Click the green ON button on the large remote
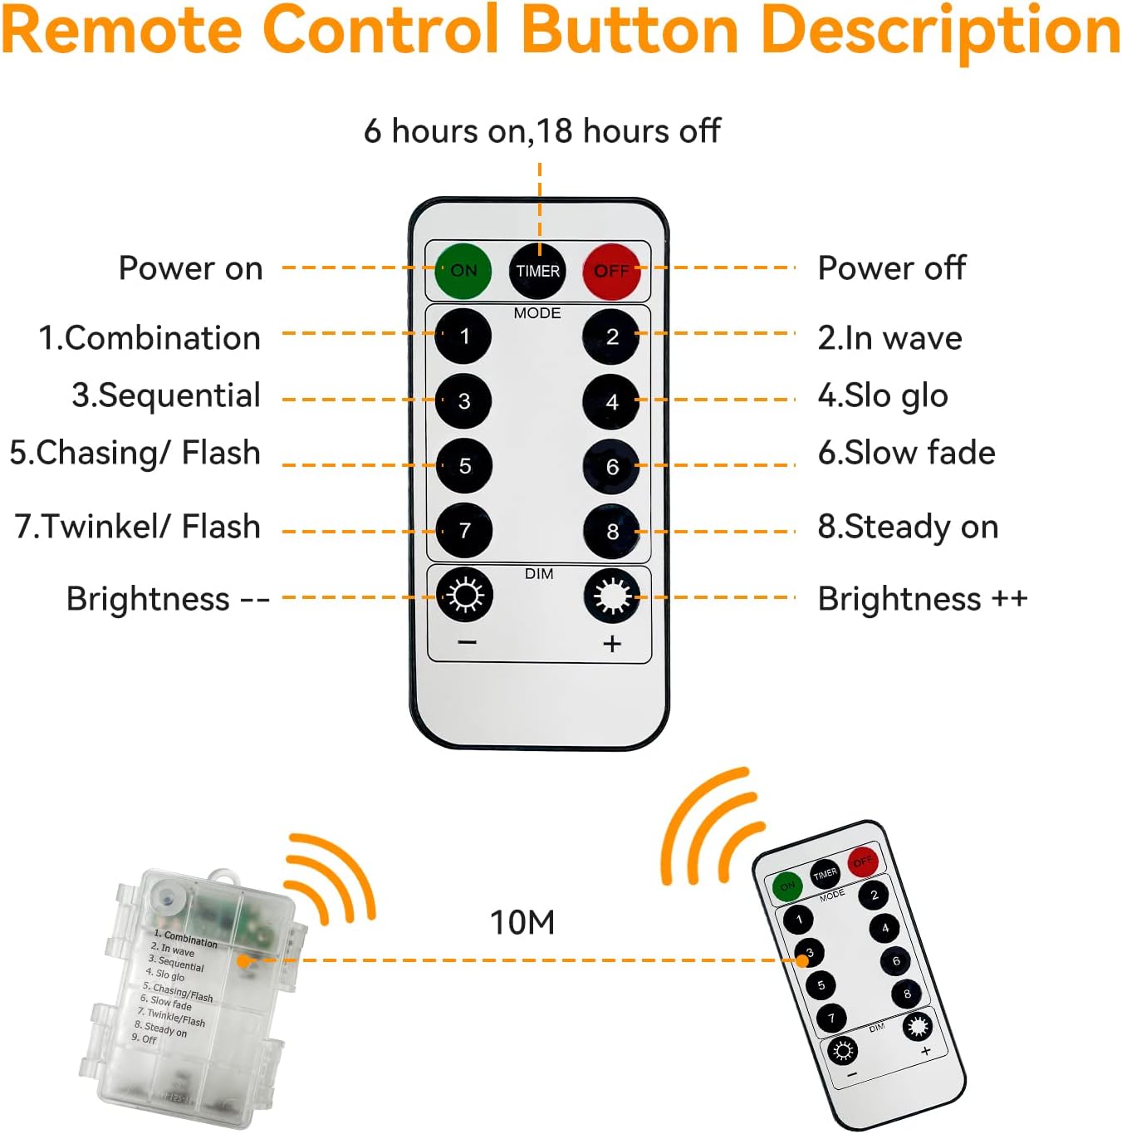click(x=463, y=271)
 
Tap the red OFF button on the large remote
click(x=611, y=271)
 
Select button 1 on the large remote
click(x=463, y=336)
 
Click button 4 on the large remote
click(x=611, y=401)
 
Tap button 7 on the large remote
click(x=464, y=531)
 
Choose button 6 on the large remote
click(x=611, y=466)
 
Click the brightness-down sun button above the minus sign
click(x=464, y=595)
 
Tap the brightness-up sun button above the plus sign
click(x=612, y=595)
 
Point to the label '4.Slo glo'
click(x=882, y=396)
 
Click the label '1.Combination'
click(x=149, y=338)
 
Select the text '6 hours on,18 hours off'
click(x=541, y=131)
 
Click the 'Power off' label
click(x=891, y=268)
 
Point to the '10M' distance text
click(x=522, y=922)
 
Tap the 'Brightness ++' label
click(x=922, y=599)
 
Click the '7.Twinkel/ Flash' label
click(x=138, y=527)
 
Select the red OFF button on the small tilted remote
click(x=863, y=861)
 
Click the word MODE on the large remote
click(x=537, y=313)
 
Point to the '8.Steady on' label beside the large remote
click(x=908, y=527)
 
